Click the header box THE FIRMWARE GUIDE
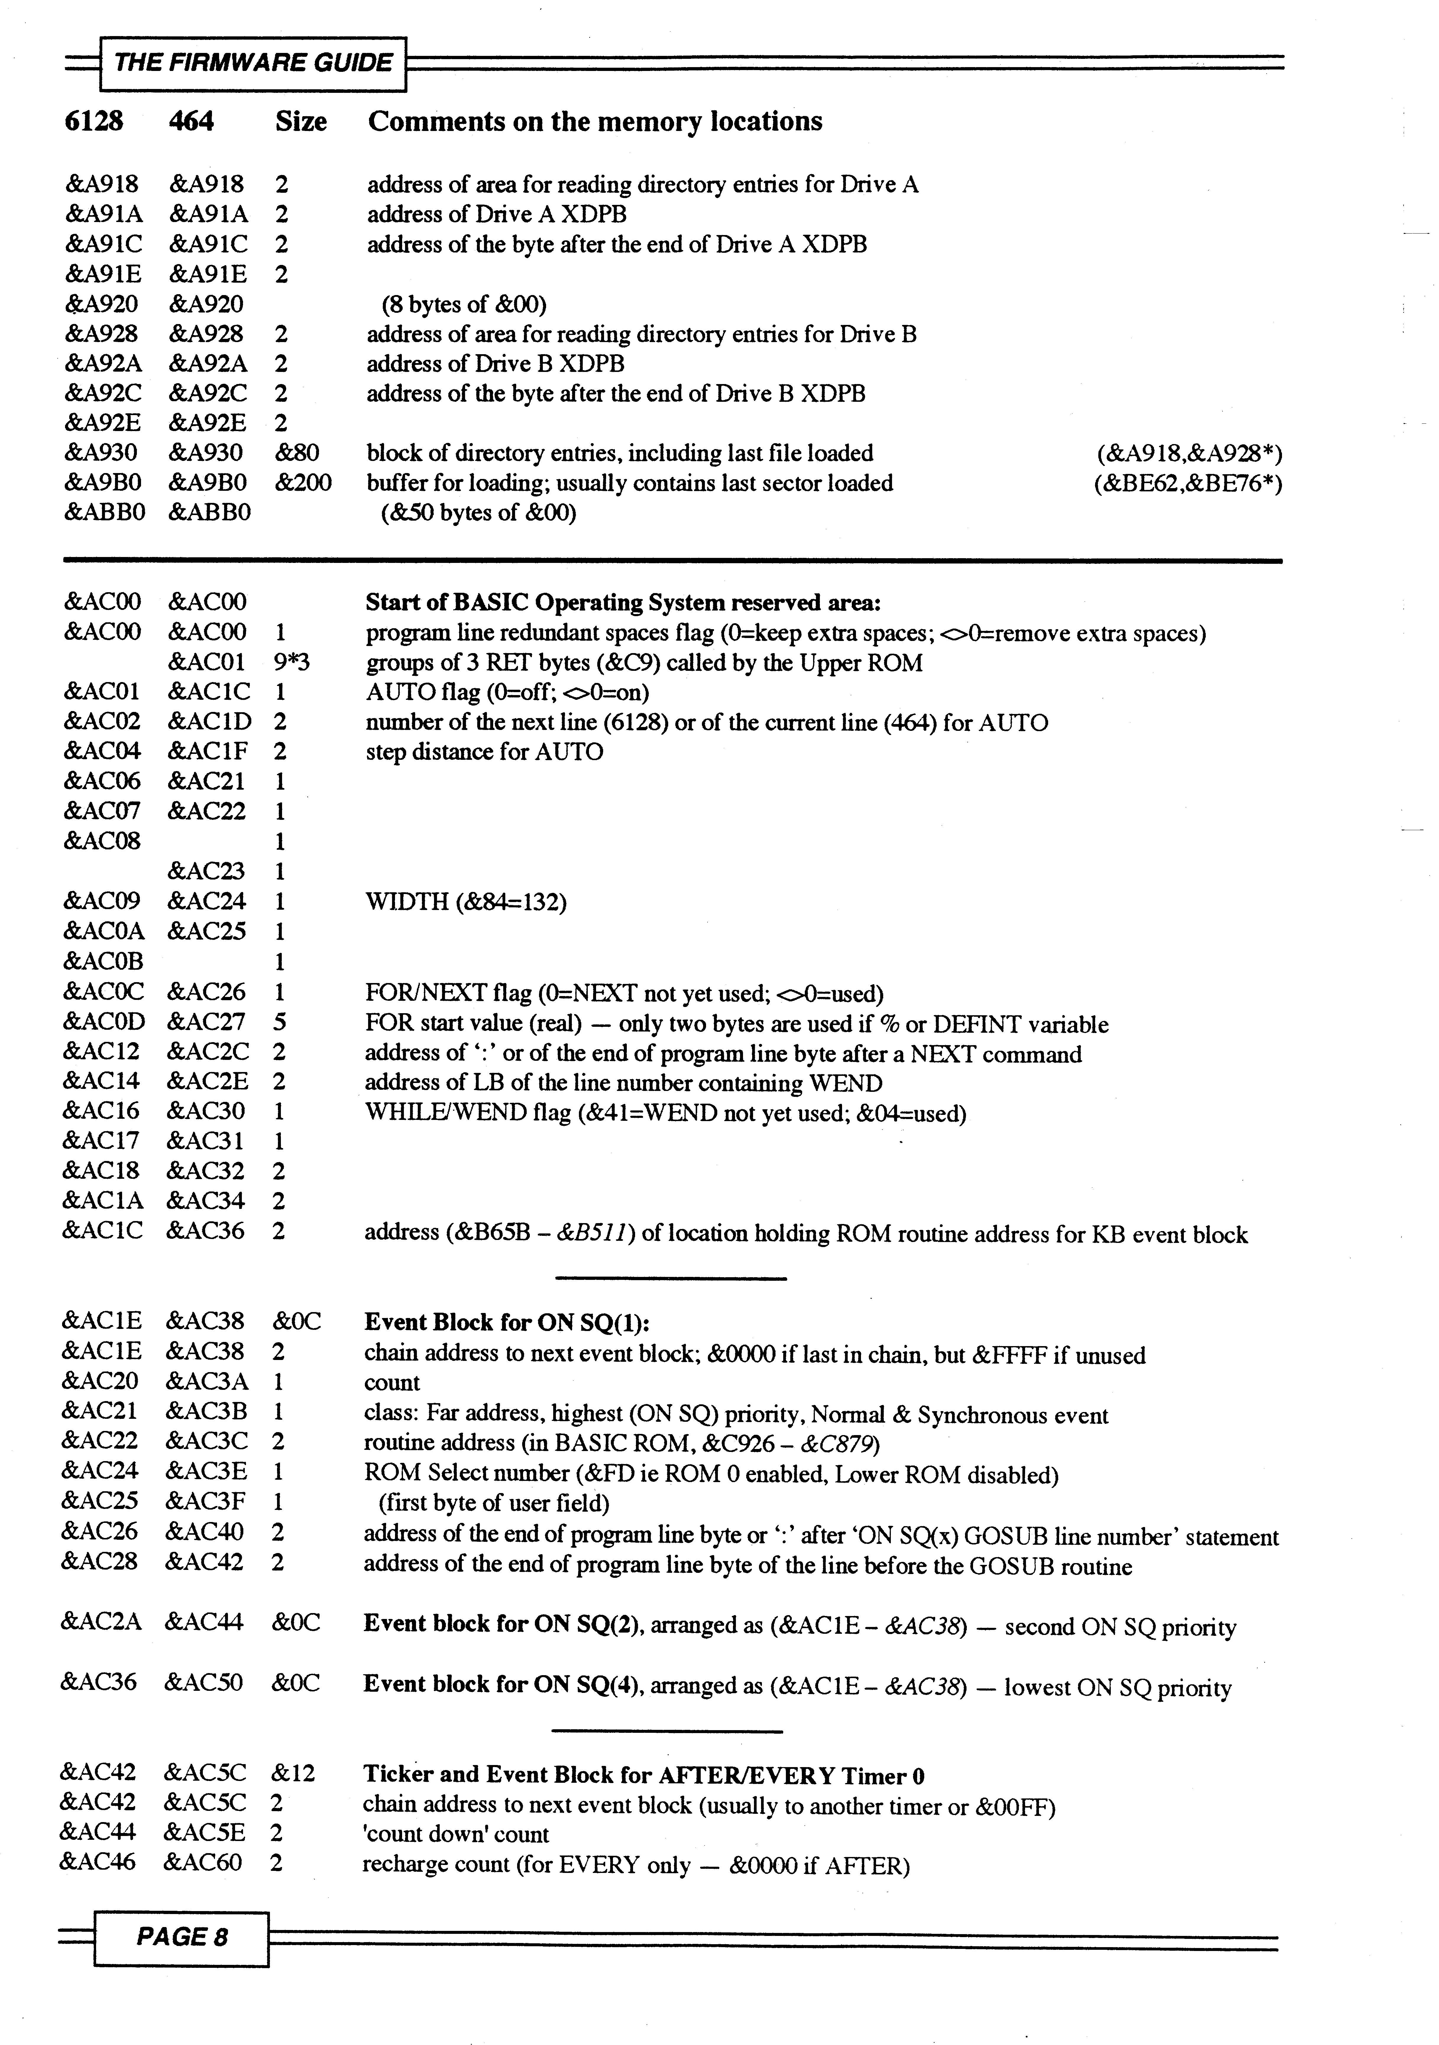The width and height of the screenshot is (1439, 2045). coord(253,63)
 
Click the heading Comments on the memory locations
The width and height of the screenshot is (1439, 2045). coord(595,122)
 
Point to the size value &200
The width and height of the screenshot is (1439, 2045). coord(303,484)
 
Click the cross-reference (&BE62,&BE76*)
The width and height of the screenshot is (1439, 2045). coord(1188,484)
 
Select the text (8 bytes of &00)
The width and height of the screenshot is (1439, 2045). coord(464,305)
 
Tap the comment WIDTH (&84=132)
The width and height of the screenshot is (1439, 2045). coord(466,902)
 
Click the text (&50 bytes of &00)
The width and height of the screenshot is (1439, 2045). coord(478,514)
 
